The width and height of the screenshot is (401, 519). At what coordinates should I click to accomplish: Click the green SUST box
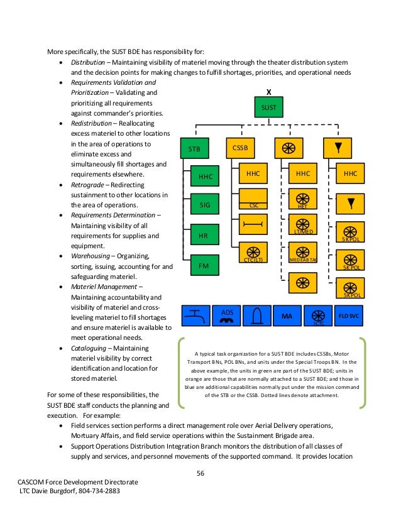click(269, 107)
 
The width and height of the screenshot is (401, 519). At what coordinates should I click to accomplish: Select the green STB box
click(195, 149)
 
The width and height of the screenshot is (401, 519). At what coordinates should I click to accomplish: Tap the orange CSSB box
click(240, 149)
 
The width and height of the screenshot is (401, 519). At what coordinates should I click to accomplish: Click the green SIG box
click(206, 205)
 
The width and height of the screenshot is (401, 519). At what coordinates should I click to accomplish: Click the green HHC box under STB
click(206, 177)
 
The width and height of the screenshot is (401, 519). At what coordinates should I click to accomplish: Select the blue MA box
click(287, 315)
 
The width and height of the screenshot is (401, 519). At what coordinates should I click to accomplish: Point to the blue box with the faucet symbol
click(195, 315)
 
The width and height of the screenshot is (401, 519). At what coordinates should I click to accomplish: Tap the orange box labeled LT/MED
click(302, 226)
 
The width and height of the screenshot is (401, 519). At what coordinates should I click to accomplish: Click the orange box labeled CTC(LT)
click(253, 253)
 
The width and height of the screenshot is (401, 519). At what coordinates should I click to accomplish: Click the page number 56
click(201, 473)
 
